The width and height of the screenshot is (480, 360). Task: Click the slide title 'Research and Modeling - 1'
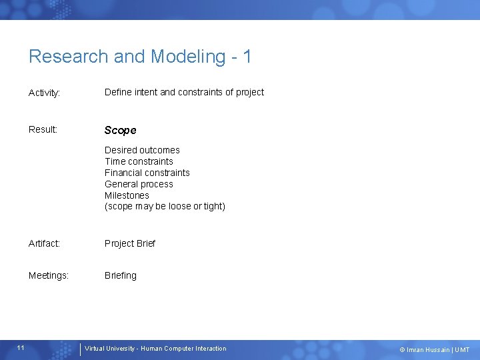point(140,57)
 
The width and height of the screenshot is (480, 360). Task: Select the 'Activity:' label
point(45,93)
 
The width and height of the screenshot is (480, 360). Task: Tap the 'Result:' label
point(43,129)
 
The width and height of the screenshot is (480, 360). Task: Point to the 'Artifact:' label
point(44,243)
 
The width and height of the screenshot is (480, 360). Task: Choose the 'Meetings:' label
point(49,275)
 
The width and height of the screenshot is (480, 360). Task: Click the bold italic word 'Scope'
point(120,130)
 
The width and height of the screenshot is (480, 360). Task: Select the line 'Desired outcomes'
point(142,150)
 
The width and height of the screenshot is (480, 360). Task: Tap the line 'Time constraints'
point(139,161)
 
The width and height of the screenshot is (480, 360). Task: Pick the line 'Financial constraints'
point(147,173)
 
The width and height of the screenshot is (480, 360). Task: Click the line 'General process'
point(139,184)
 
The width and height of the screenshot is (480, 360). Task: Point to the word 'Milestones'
point(127,195)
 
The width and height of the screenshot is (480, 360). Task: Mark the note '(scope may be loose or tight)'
point(165,206)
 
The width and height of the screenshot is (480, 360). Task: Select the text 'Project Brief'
point(129,243)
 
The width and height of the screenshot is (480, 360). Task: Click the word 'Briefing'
point(120,275)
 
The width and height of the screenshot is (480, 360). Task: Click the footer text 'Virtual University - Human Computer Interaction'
point(155,349)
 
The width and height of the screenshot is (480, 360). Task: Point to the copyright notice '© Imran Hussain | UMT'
point(434,350)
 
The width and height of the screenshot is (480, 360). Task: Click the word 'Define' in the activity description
point(117,92)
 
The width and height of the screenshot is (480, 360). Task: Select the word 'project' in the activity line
point(249,92)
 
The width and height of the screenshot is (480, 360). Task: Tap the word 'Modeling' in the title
point(188,57)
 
